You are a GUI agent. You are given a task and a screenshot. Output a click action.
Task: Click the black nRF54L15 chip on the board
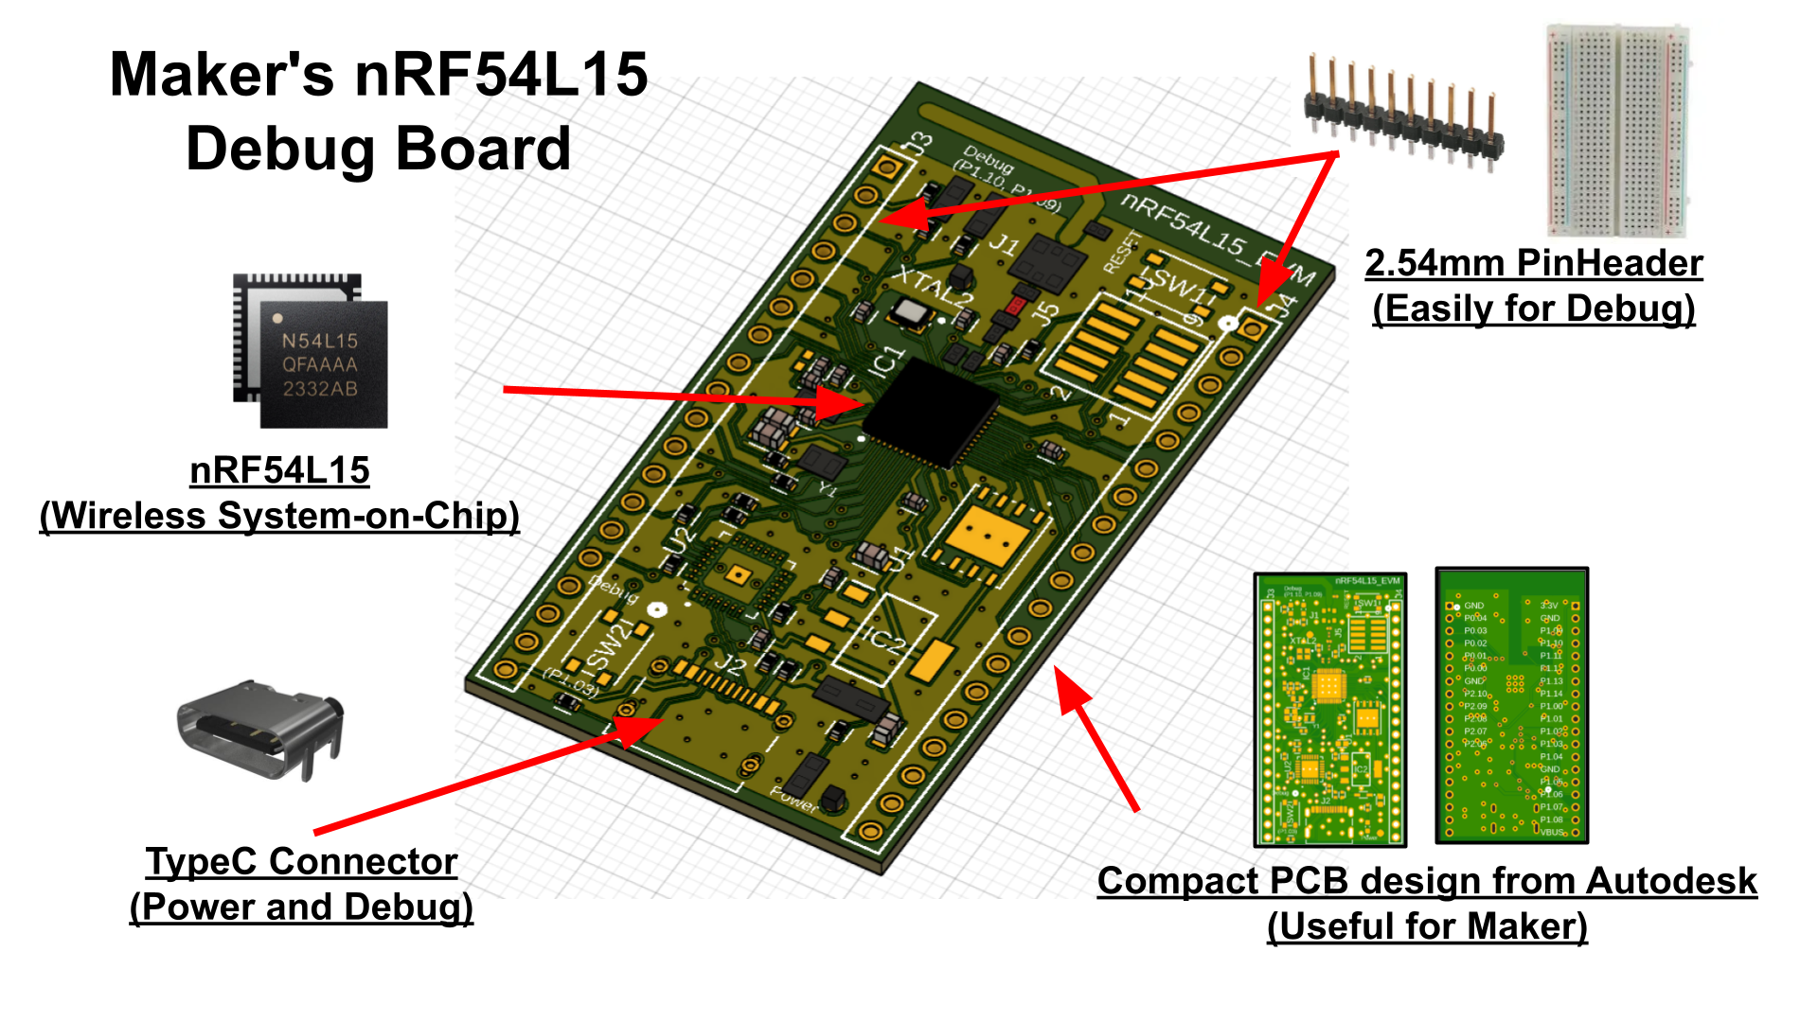pyautogui.click(x=931, y=413)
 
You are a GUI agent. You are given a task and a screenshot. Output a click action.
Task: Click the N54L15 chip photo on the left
pyautogui.click(x=312, y=352)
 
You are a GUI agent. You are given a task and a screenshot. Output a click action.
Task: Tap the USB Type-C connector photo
pyautogui.click(x=259, y=729)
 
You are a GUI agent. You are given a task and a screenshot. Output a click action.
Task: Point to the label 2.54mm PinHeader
pyautogui.click(x=1533, y=263)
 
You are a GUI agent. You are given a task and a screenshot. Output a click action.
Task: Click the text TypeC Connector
pyautogui.click(x=301, y=861)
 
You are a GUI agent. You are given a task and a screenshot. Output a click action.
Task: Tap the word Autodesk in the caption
pyautogui.click(x=1671, y=881)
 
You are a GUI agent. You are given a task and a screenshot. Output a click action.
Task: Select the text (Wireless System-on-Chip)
pyautogui.click(x=279, y=516)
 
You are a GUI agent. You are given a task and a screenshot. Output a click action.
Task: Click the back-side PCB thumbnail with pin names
pyautogui.click(x=1511, y=705)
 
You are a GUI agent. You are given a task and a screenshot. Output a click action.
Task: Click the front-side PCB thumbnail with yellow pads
pyautogui.click(x=1329, y=709)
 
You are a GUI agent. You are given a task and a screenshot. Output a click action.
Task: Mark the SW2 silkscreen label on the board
pyautogui.click(x=612, y=644)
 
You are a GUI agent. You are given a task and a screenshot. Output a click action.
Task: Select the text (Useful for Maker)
pyautogui.click(x=1427, y=926)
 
